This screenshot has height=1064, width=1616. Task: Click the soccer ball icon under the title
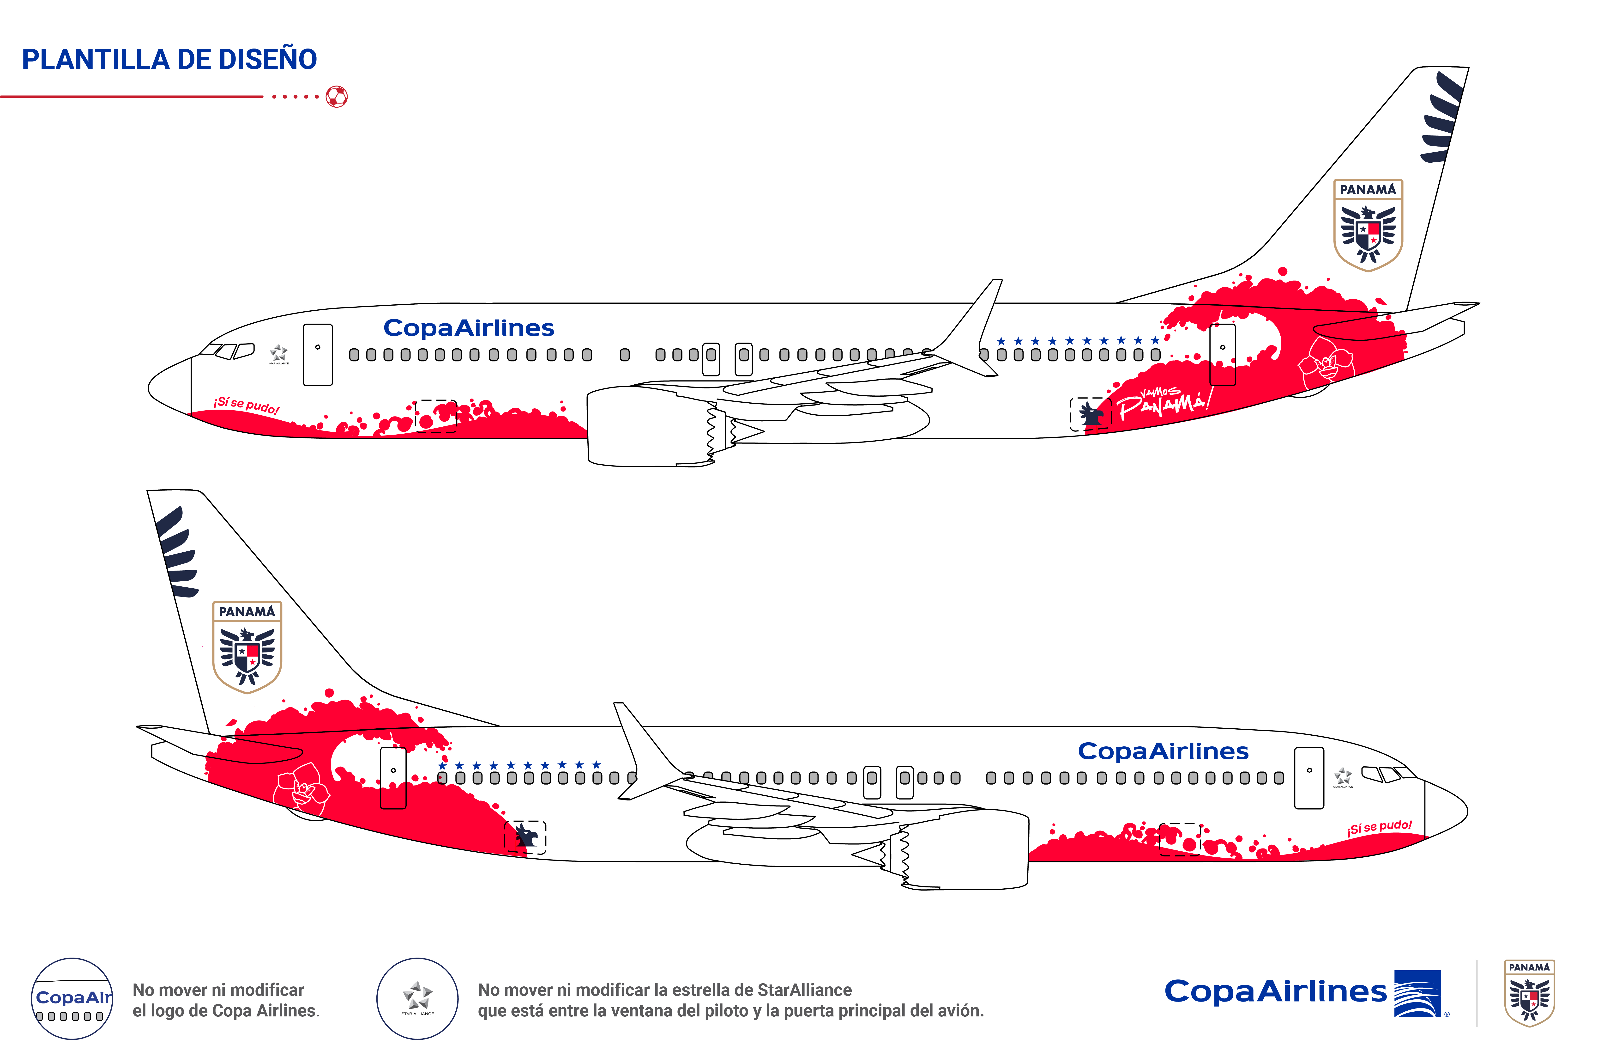tap(337, 97)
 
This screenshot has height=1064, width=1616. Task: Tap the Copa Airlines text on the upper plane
tap(469, 328)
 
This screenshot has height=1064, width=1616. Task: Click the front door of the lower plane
tap(1308, 778)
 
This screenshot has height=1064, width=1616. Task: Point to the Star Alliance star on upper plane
tap(278, 353)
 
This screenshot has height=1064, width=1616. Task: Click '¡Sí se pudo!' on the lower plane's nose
tap(1380, 827)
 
